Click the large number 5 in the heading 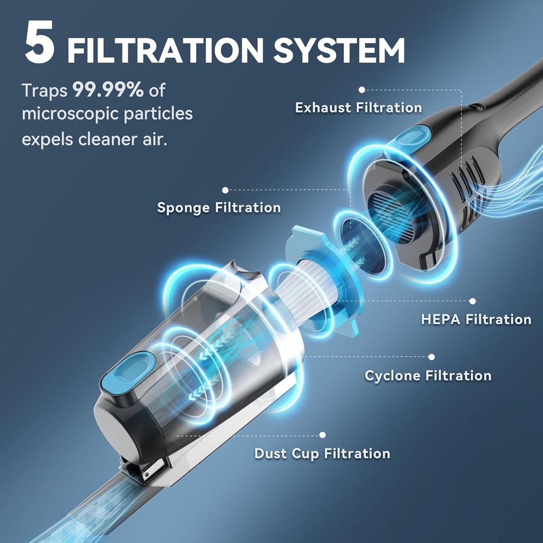click(x=39, y=42)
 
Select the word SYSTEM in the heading click(x=339, y=50)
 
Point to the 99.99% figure click(x=108, y=90)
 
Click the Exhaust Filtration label click(x=358, y=107)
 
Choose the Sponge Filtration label click(x=219, y=208)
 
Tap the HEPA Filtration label click(x=476, y=319)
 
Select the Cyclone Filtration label click(x=428, y=376)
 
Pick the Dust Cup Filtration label click(x=322, y=454)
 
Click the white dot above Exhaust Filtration click(x=362, y=90)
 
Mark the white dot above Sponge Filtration click(x=225, y=190)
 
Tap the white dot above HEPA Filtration click(x=472, y=301)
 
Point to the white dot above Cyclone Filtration click(x=432, y=357)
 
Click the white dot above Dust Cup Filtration click(x=322, y=435)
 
